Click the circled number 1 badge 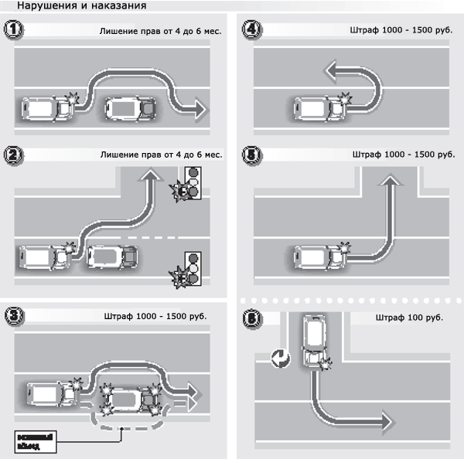click(13, 32)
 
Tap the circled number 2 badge click(13, 155)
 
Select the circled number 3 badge click(13, 316)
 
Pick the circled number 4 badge click(251, 32)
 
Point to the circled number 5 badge click(251, 155)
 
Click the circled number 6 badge click(251, 316)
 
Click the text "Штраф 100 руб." click(409, 318)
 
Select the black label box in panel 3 click(36, 442)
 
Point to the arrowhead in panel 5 click(391, 181)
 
